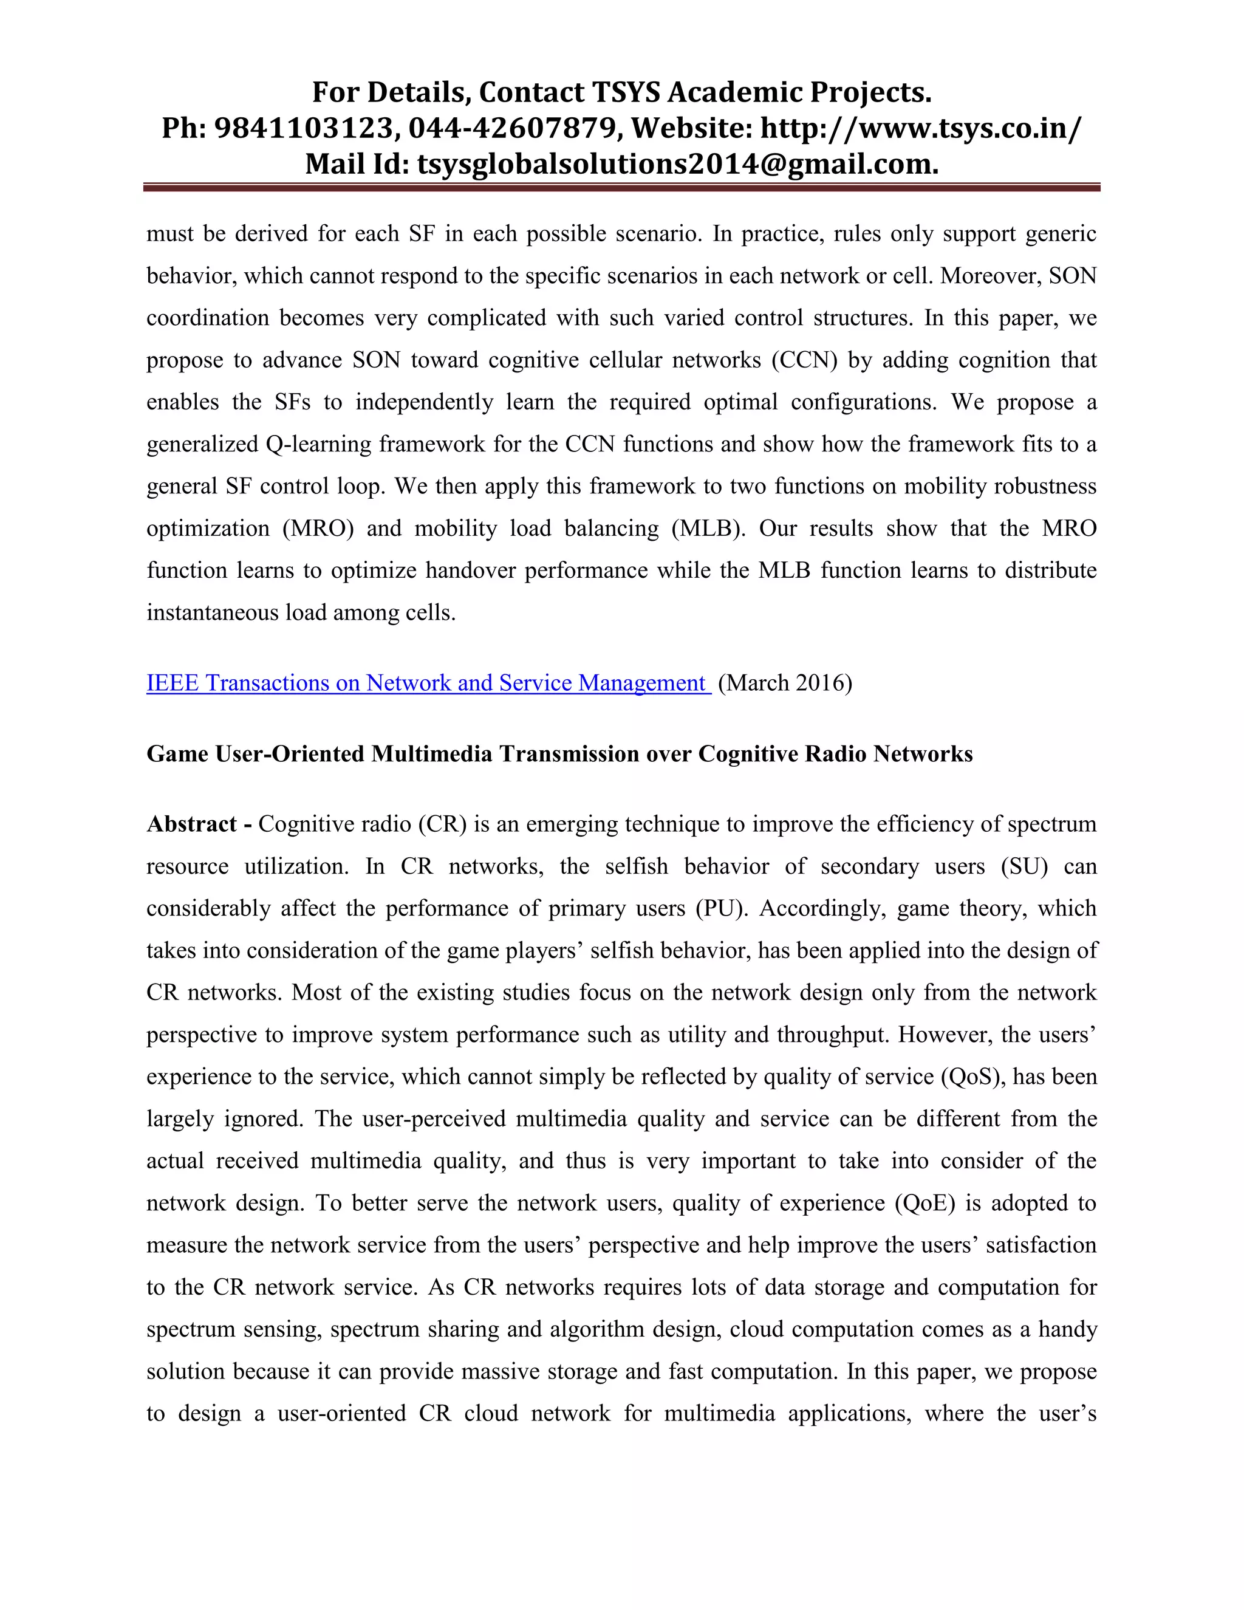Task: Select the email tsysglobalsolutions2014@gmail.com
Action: [x=677, y=163]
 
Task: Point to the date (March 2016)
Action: [x=785, y=683]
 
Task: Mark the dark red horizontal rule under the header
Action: [x=621, y=188]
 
